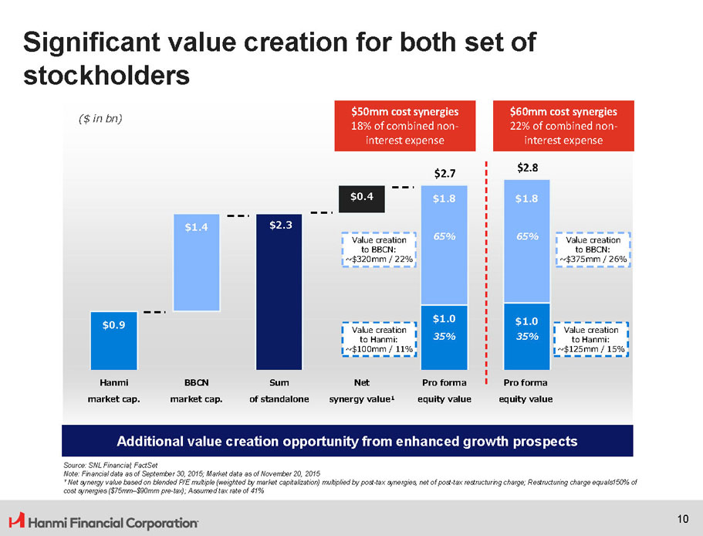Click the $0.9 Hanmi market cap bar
coord(114,341)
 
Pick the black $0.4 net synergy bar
coord(362,198)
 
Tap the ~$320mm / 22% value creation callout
coord(378,249)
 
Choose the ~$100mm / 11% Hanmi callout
coord(378,340)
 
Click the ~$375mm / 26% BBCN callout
coord(593,249)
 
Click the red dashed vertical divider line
coord(487,270)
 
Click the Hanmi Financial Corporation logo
coord(103,523)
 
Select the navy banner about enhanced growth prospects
coord(346,442)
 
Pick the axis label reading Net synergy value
coord(361,391)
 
